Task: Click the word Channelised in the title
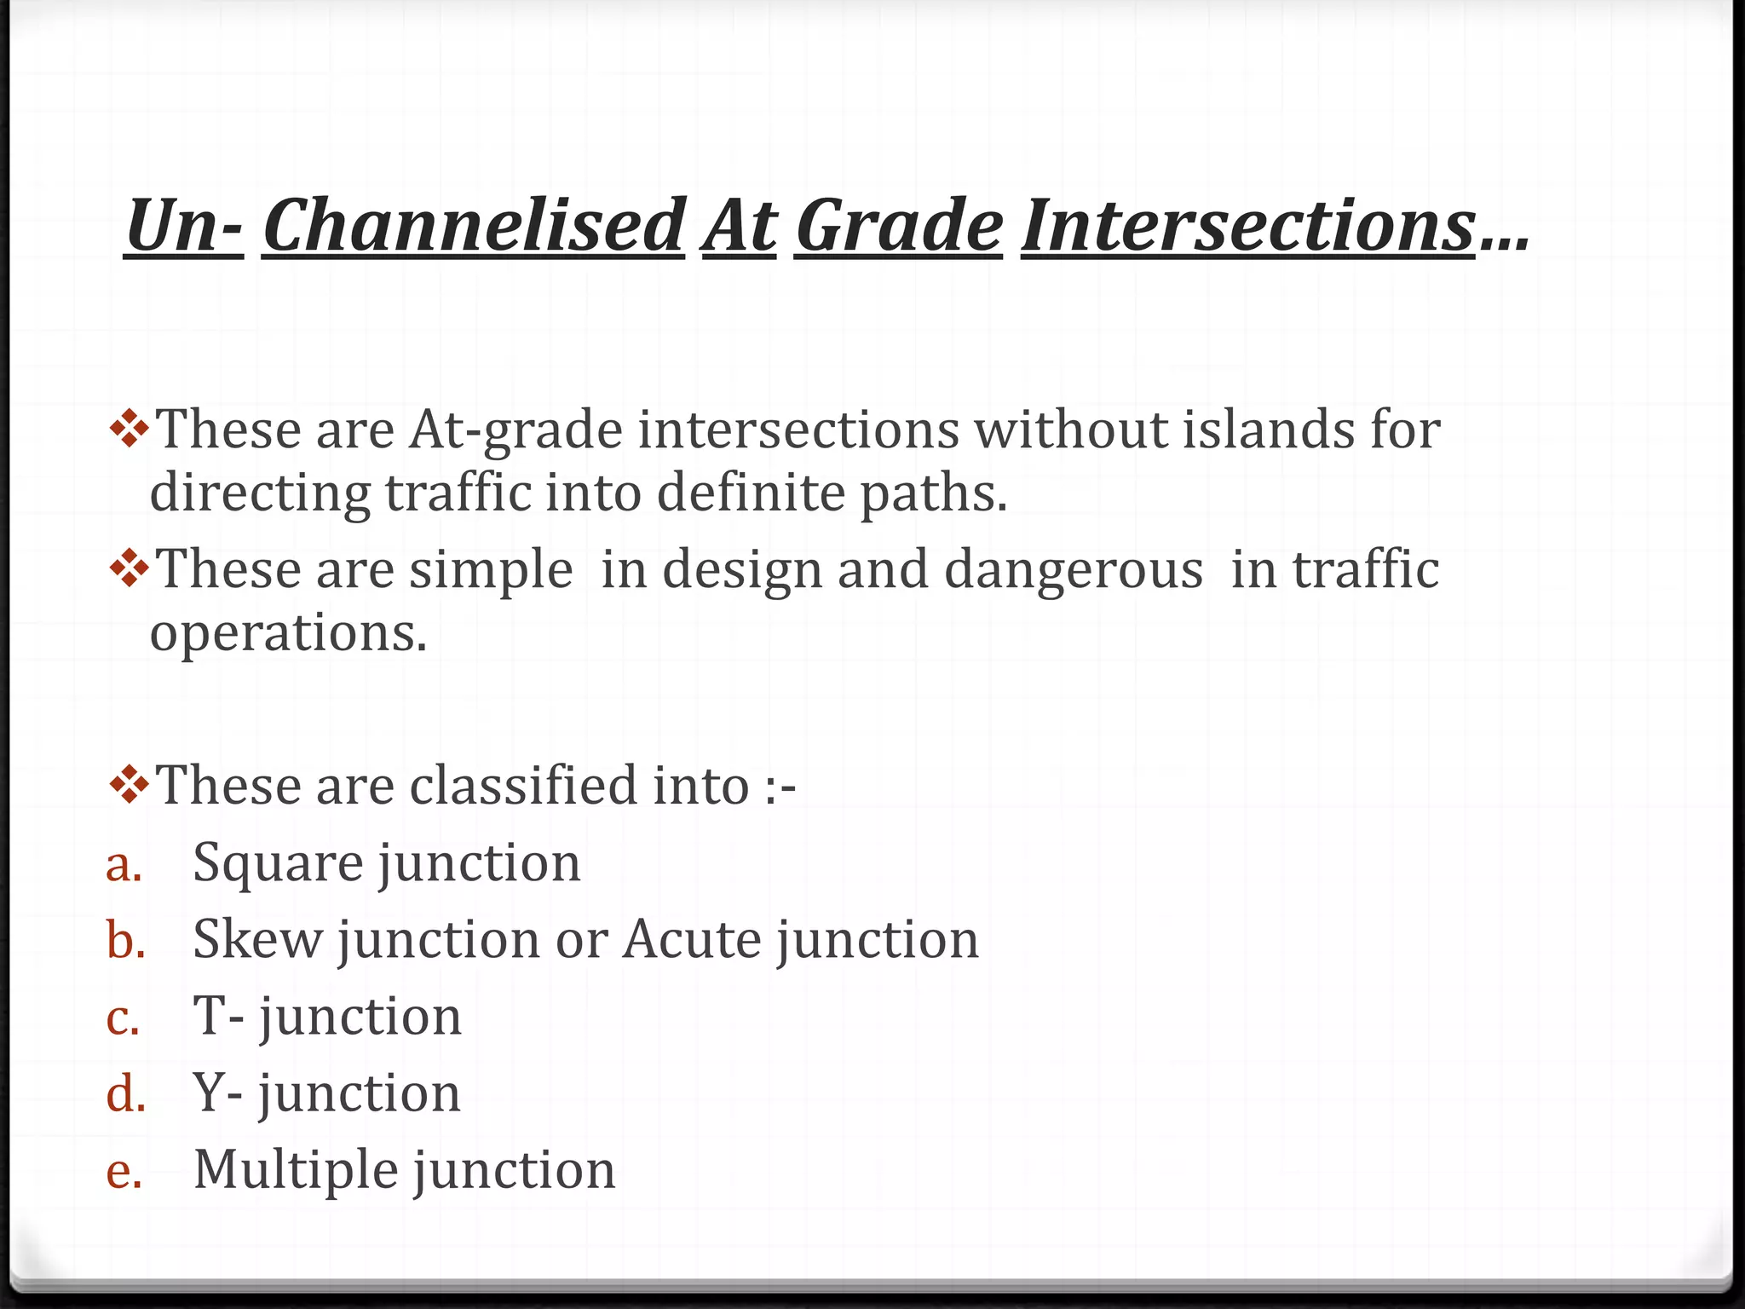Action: [473, 226]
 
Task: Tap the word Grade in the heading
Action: [899, 226]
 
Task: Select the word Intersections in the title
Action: [1247, 226]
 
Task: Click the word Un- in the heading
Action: [184, 226]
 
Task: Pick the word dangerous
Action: [1074, 570]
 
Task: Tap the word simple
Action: [491, 570]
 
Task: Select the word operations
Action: [288, 633]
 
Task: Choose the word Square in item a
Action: [278, 864]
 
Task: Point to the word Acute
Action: [691, 939]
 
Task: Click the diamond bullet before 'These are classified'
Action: [130, 785]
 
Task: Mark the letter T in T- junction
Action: [209, 1016]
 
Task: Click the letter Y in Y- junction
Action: [209, 1093]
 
